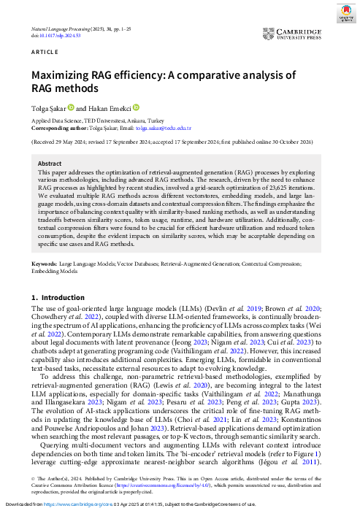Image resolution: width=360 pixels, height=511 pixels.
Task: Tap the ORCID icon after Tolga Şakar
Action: (71, 108)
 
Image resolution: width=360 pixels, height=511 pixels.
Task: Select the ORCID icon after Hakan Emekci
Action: (136, 108)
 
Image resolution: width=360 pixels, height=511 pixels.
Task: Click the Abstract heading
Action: (50, 164)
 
